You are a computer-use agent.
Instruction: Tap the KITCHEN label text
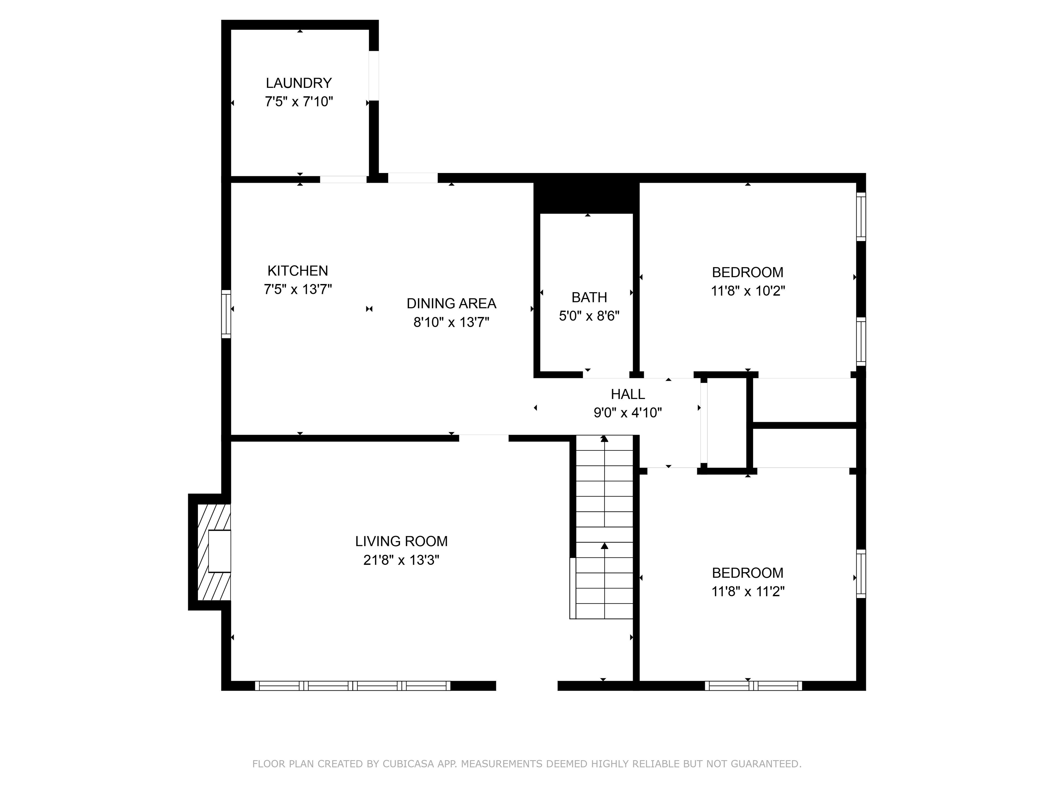[x=298, y=271]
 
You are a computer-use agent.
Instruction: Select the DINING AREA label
[x=451, y=303]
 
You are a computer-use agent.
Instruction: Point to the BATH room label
[x=589, y=298]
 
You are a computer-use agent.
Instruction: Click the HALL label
[x=628, y=394]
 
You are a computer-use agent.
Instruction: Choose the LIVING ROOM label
[x=401, y=541]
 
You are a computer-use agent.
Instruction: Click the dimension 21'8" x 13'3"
[x=401, y=560]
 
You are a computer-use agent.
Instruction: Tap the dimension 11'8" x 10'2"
[x=748, y=291]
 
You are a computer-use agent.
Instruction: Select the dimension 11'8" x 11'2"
[x=748, y=591]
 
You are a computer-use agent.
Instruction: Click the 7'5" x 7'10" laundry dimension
[x=299, y=102]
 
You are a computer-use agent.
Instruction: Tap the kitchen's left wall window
[x=226, y=314]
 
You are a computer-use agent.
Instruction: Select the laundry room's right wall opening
[x=374, y=76]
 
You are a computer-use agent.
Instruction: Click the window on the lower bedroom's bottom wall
[x=753, y=686]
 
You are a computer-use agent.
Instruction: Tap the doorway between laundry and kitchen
[x=343, y=179]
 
